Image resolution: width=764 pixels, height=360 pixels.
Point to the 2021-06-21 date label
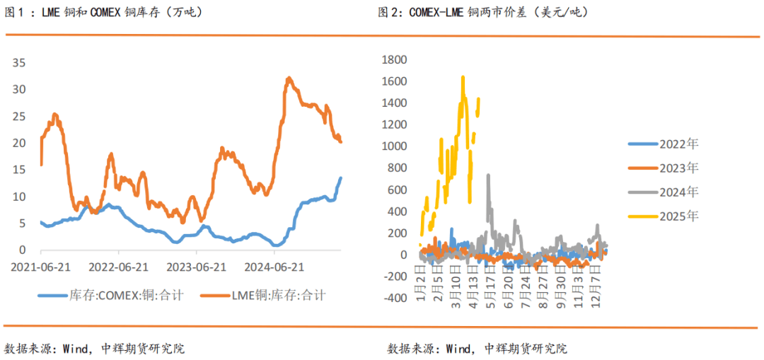point(40,267)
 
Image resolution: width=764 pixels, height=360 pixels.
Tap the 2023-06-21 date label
point(196,267)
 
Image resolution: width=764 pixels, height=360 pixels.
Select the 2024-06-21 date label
point(274,267)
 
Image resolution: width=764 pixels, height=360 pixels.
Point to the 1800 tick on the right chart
point(393,59)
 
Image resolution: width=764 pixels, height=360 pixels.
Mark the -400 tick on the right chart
point(393,298)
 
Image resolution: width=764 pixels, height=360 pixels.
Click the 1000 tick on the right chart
point(393,146)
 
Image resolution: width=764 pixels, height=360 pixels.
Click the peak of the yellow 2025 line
point(463,77)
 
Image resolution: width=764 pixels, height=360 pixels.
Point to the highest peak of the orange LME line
point(289,78)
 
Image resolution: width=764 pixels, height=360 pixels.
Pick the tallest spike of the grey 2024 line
point(488,175)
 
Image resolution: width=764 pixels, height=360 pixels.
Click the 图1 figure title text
point(103,12)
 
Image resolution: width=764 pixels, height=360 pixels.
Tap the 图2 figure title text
point(488,12)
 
